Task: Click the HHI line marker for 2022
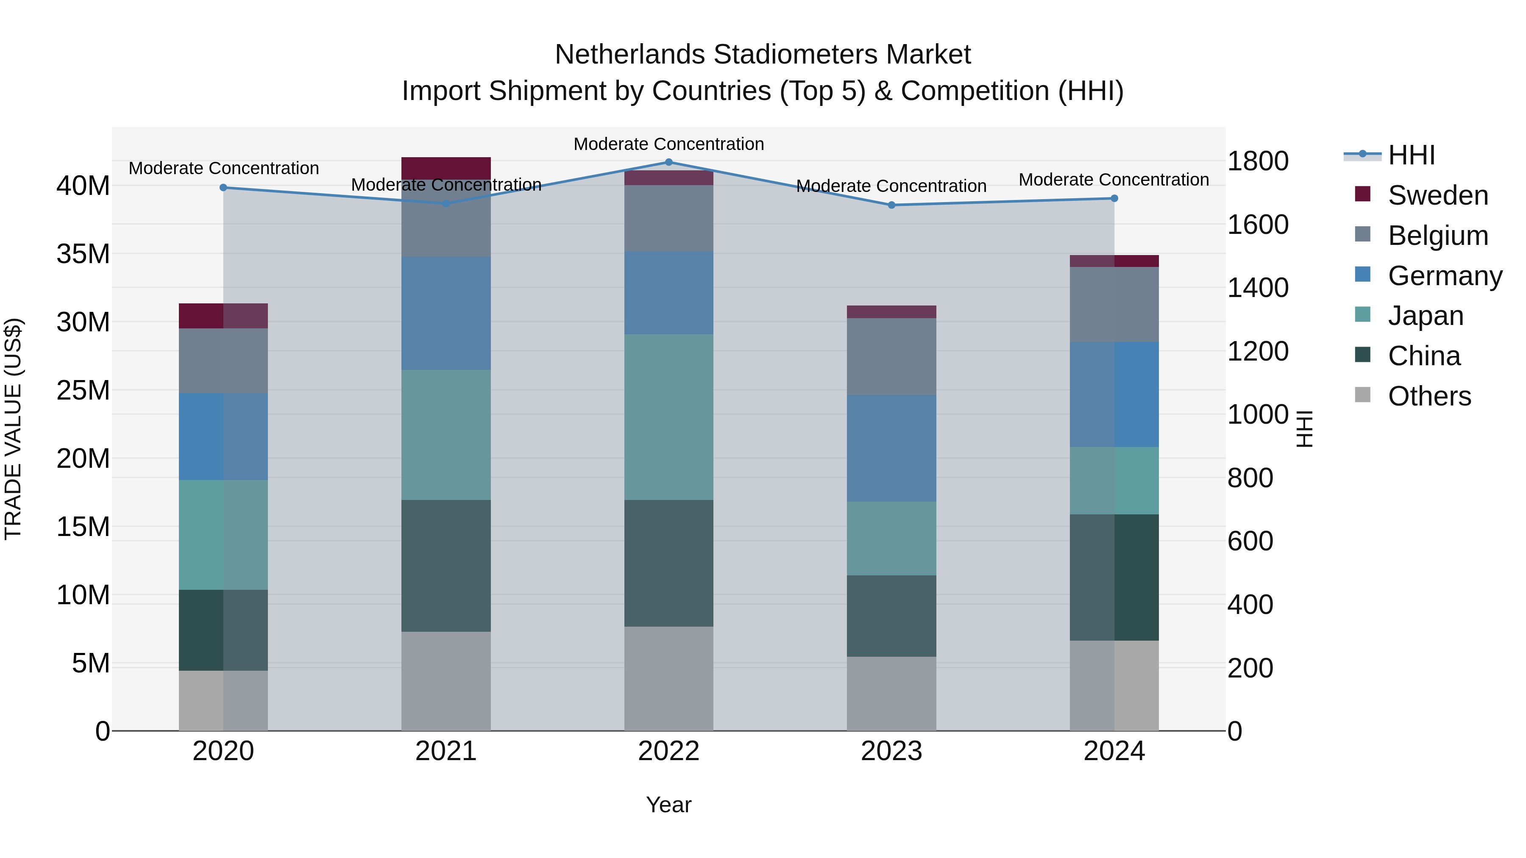[x=669, y=162]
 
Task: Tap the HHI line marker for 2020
[x=223, y=188]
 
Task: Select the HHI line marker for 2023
[x=891, y=205]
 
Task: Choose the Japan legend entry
[x=1425, y=316]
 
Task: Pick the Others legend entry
[x=1429, y=396]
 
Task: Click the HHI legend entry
[x=1411, y=155]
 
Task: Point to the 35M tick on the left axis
[x=83, y=254]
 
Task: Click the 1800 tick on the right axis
[x=1258, y=161]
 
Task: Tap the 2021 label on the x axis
[x=446, y=751]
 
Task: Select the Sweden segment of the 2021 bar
[x=446, y=168]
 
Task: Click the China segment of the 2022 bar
[x=669, y=563]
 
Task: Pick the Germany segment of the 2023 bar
[x=891, y=448]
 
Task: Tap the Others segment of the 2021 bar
[x=446, y=681]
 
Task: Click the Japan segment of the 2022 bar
[x=669, y=417]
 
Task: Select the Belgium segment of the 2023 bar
[x=891, y=356]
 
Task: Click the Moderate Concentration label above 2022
[x=669, y=144]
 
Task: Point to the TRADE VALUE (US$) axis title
[x=13, y=429]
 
